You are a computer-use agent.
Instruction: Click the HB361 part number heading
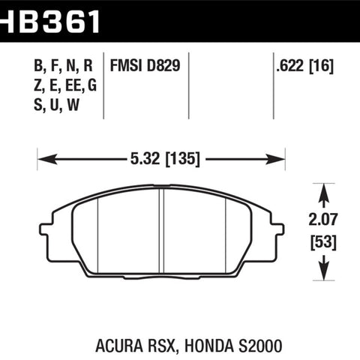[x=49, y=20]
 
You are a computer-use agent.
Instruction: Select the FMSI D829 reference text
[x=145, y=66]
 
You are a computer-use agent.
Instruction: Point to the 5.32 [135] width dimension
[x=165, y=159]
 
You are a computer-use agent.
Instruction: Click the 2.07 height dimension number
[x=323, y=219]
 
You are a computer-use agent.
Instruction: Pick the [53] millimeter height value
[x=323, y=242]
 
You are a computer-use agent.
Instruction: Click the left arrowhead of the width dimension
[x=47, y=159]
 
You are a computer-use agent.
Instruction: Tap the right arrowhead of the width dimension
[x=275, y=159]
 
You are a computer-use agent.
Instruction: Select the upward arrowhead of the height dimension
[x=324, y=193]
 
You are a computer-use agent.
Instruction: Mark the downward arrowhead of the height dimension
[x=324, y=271]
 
